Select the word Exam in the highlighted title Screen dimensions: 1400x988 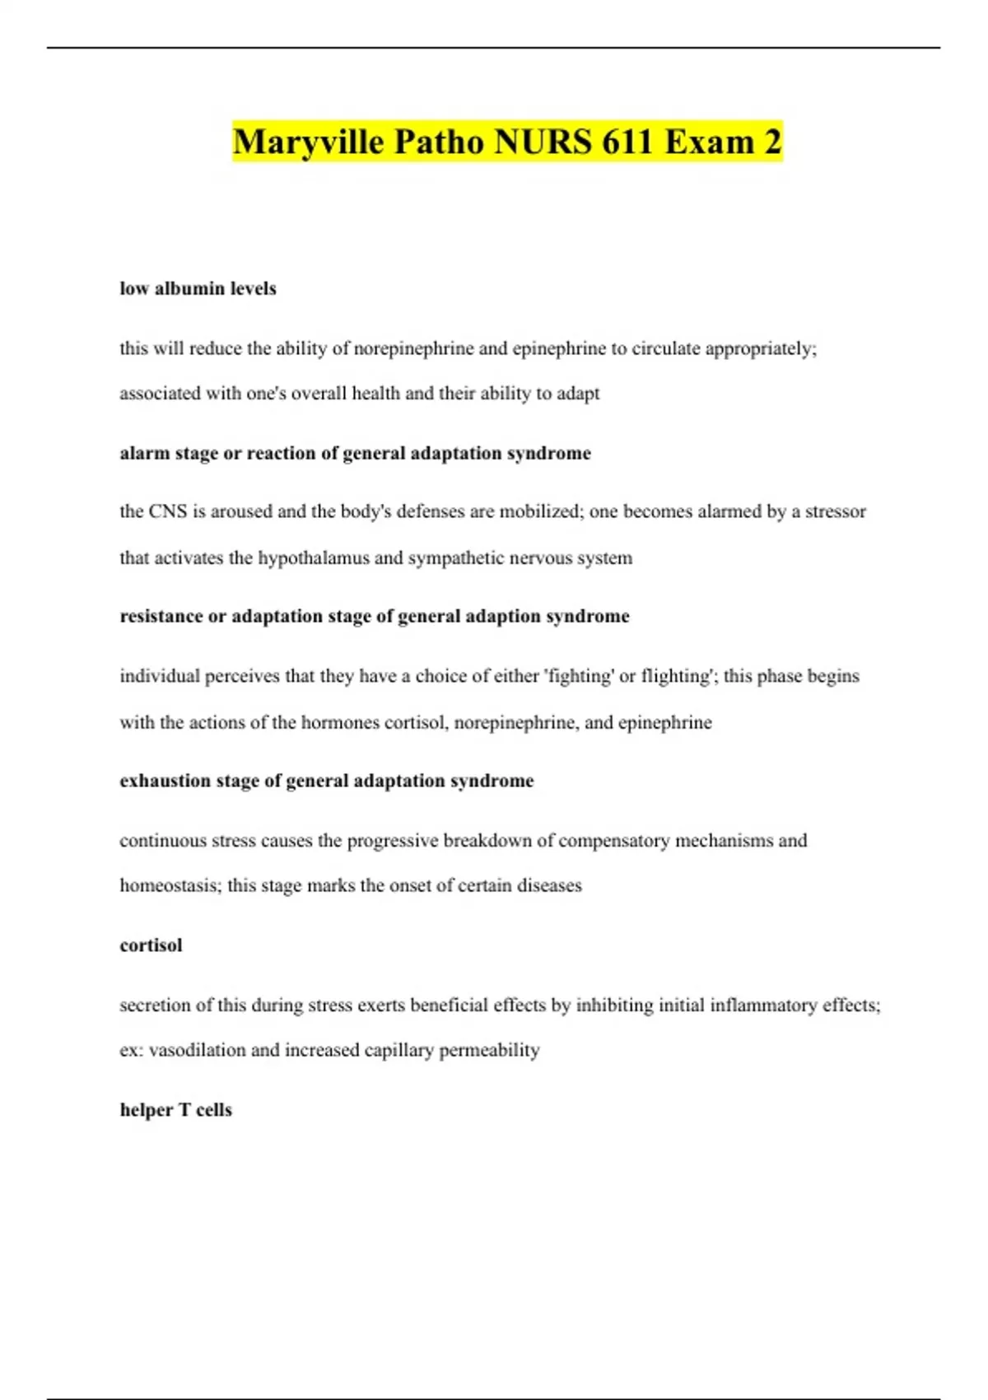coord(710,142)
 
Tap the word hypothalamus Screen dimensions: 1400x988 coord(314,558)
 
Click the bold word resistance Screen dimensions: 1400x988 coord(161,617)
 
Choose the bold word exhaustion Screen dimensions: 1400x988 coord(165,781)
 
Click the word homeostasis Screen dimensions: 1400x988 coord(170,885)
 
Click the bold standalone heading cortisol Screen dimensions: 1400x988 coord(151,945)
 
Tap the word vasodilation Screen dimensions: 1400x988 coord(197,1050)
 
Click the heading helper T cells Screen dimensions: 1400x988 coord(176,1110)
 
